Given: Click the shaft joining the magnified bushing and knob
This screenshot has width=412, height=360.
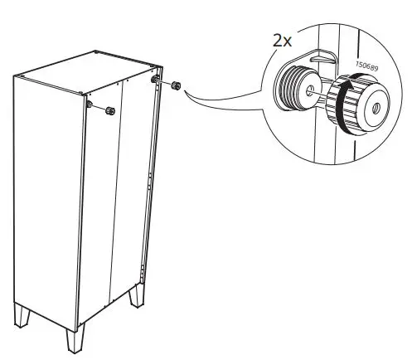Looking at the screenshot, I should pos(319,92).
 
